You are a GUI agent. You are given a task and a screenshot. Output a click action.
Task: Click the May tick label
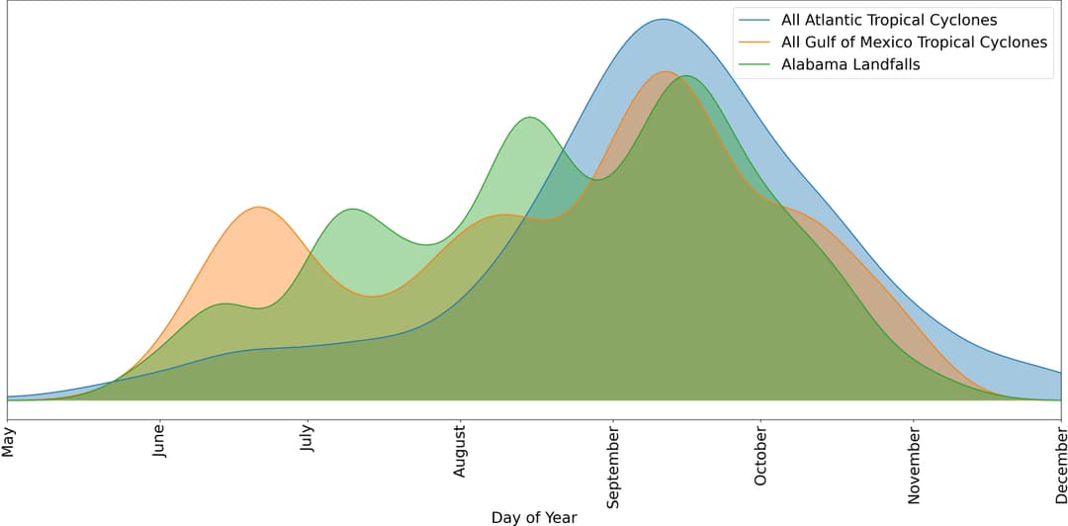(9, 441)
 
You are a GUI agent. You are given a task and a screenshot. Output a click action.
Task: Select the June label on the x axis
(159, 444)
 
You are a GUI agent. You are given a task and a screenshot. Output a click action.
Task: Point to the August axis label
(460, 451)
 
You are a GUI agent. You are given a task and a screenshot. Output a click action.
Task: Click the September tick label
(613, 464)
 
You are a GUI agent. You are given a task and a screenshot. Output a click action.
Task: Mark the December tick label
(1060, 460)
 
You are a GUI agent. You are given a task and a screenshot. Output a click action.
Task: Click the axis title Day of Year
(534, 516)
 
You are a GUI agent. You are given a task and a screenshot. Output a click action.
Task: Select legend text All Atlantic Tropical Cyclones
(889, 20)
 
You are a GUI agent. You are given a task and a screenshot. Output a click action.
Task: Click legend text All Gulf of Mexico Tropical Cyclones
(914, 43)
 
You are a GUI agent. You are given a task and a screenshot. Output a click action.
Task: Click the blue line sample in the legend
(756, 20)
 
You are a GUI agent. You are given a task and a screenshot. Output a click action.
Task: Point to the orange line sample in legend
(756, 43)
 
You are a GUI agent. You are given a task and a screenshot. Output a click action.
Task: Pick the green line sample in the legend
(756, 65)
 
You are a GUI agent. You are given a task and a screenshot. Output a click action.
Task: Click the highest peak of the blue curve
(663, 19)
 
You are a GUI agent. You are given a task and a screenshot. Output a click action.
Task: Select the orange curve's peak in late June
(258, 207)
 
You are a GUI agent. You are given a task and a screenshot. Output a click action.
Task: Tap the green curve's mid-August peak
(531, 117)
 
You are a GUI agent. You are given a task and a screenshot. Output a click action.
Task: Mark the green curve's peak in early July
(352, 209)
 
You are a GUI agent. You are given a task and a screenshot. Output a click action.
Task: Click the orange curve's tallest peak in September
(665, 71)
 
